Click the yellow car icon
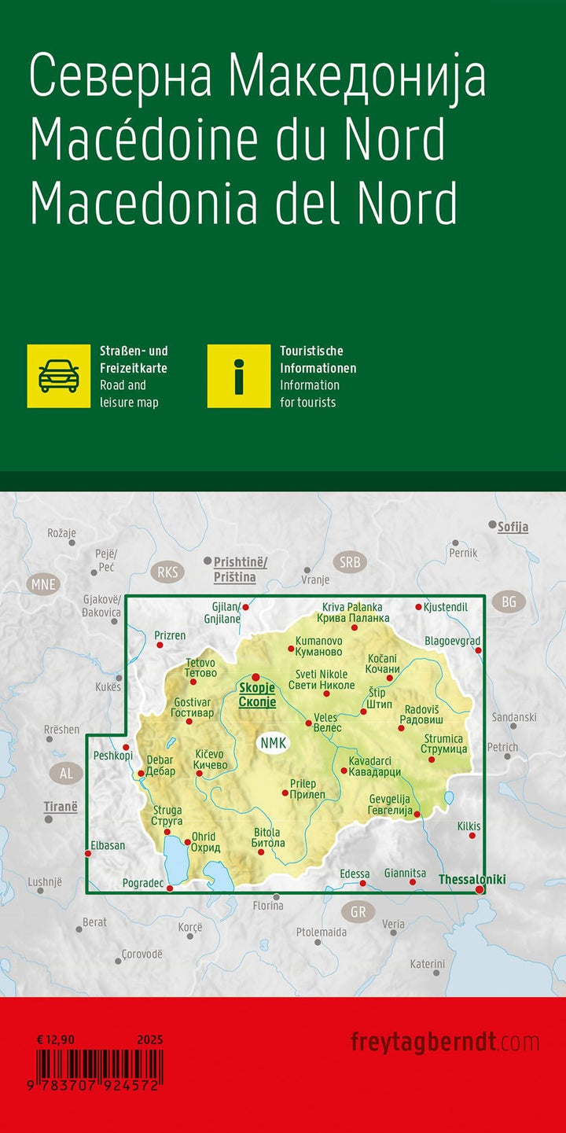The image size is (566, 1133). pos(59,376)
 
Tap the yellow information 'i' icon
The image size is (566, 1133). pos(239,376)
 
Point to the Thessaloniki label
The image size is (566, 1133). pos(472,879)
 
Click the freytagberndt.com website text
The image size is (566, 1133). pos(444,1043)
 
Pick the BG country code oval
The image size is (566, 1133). pos(509,602)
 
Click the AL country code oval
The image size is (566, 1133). pos(66,773)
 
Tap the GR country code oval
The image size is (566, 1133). pos(358,913)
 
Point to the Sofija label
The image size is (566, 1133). pos(513,528)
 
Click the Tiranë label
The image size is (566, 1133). pos(61,807)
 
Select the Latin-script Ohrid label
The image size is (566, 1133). pos(205,837)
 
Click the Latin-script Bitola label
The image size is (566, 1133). pos(267,832)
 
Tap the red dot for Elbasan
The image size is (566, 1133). pos(87,853)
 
